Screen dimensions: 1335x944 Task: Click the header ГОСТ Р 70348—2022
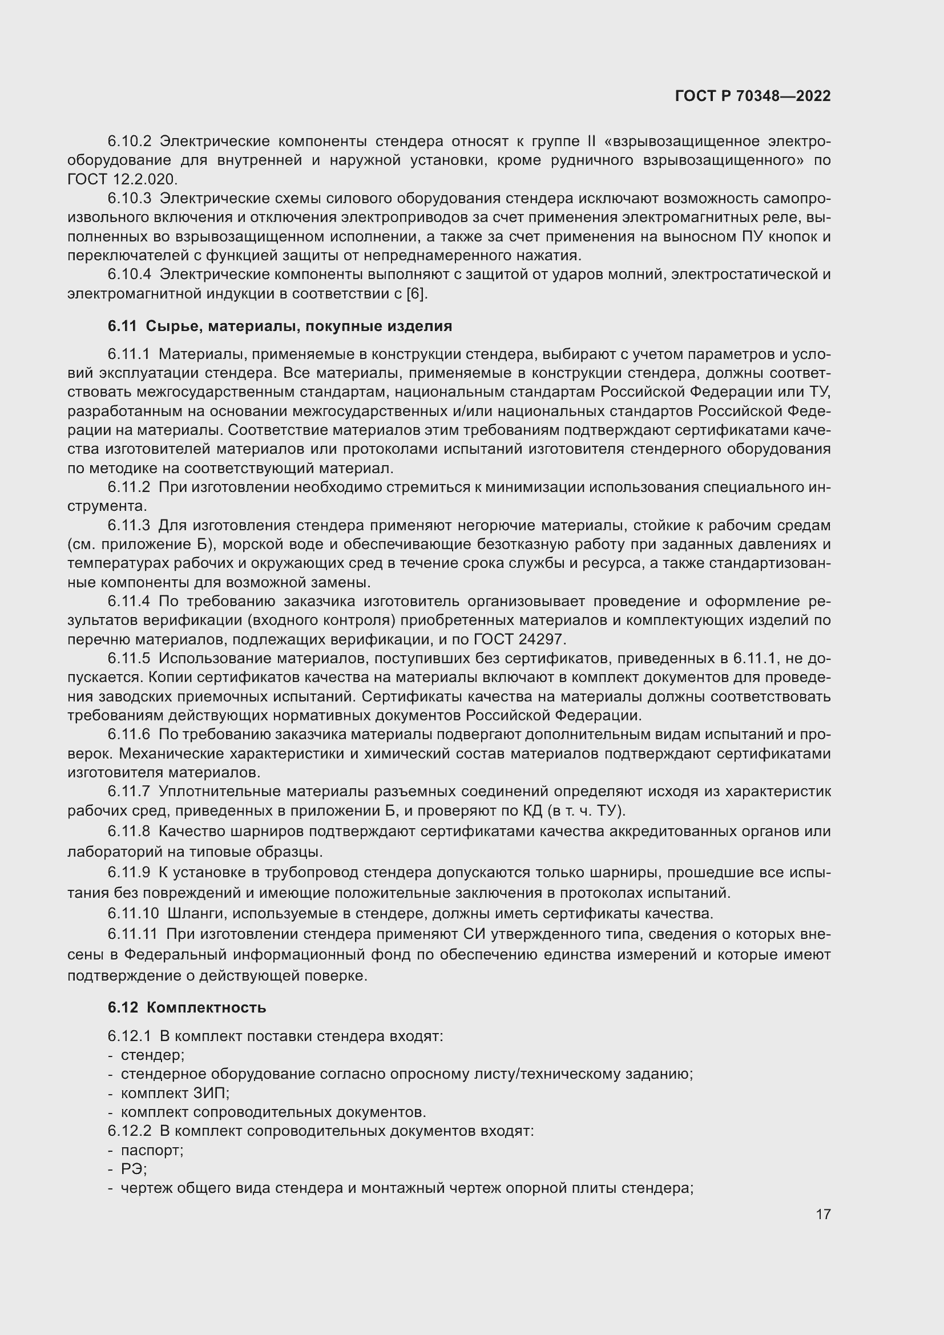753,96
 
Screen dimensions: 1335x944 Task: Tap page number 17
823,1214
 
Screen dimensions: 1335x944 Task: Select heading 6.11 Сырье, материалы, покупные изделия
280,326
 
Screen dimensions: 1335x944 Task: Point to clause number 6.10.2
129,142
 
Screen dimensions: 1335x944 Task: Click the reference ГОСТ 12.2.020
123,179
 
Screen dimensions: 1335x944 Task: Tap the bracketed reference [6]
416,293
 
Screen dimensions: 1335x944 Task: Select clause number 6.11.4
129,601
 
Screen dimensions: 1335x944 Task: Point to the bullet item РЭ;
134,1169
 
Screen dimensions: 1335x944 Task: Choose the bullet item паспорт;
152,1150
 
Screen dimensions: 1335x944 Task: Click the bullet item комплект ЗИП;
175,1093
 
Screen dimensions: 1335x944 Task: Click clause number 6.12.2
129,1131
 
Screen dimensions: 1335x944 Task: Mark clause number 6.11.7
129,791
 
